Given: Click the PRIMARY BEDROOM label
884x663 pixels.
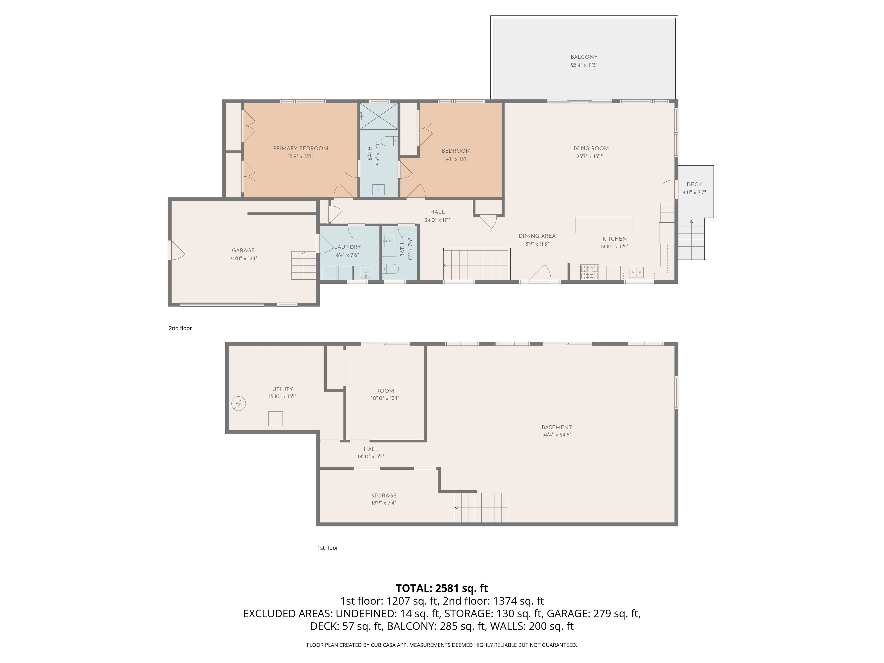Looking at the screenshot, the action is (300, 148).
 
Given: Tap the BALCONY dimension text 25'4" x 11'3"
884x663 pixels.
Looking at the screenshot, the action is (584, 65).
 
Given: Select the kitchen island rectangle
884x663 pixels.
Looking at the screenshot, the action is (603, 225).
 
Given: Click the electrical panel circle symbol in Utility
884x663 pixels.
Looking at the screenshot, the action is (238, 404).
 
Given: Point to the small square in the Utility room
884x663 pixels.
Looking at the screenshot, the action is (275, 419).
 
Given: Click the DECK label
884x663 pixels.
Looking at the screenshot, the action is (694, 184).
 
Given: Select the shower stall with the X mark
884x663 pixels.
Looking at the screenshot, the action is (379, 116).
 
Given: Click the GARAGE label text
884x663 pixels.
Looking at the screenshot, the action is (243, 250).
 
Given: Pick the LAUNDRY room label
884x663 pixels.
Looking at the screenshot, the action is (347, 247).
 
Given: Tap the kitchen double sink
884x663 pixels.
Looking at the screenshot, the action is (637, 272).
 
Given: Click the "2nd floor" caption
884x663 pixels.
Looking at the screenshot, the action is (180, 328).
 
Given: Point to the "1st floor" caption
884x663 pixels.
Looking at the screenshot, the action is (328, 548).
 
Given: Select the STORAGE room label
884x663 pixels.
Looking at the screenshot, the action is (384, 496).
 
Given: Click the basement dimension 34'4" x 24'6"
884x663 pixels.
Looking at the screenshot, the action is (557, 435).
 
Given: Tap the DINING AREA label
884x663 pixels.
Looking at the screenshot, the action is (537, 236).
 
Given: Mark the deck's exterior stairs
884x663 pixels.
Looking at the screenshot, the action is (691, 240).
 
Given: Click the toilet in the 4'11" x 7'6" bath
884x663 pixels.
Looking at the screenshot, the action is (392, 269).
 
